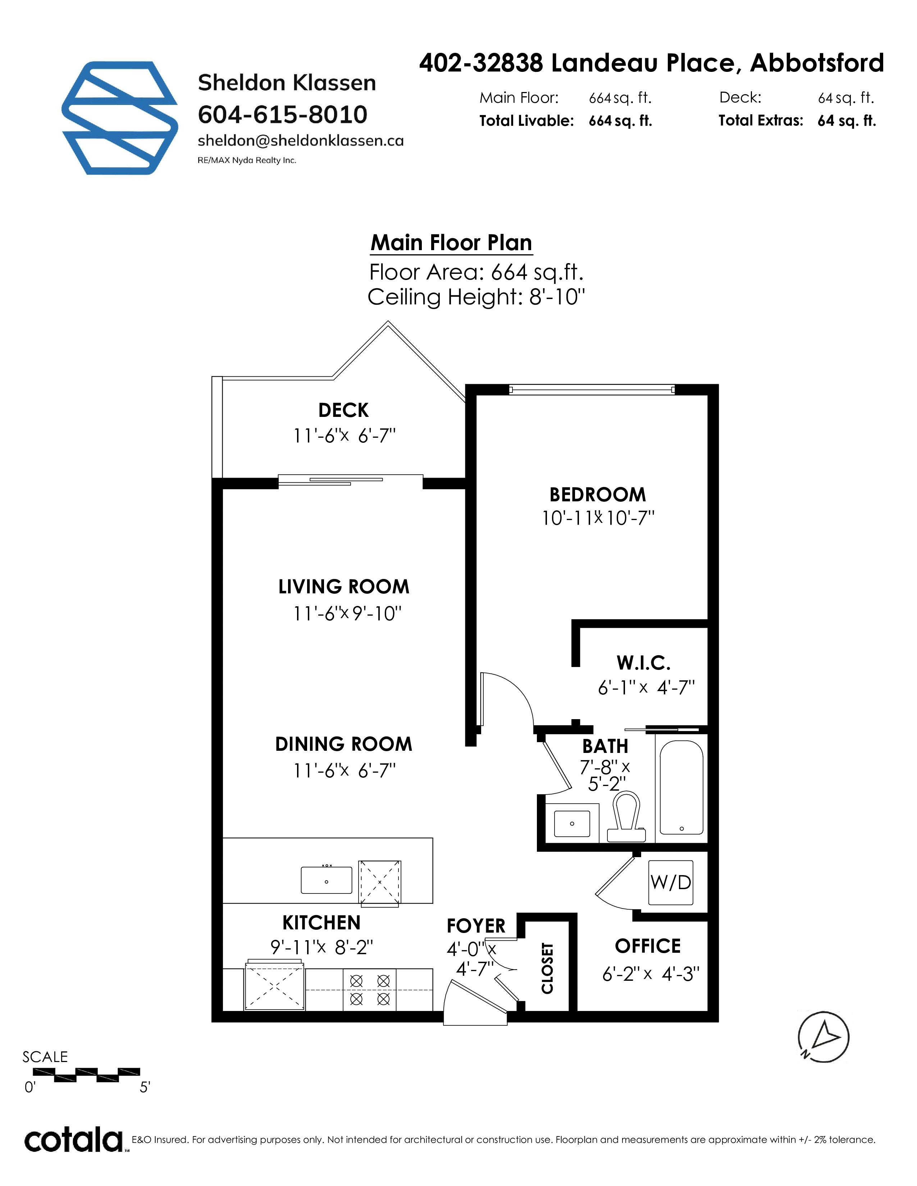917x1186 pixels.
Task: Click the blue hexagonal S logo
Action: coord(119,118)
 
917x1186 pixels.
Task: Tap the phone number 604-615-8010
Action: coord(283,115)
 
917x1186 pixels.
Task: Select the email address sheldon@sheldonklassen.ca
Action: coord(300,141)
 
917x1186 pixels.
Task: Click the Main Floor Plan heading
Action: coord(451,243)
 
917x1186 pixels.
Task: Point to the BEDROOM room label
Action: coord(598,495)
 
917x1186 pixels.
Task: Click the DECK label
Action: coord(343,410)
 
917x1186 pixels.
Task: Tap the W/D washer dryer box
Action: coord(671,882)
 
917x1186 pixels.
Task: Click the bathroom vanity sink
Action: coord(572,824)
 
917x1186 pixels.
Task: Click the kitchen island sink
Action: coord(327,880)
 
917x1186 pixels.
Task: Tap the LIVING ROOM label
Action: coord(344,587)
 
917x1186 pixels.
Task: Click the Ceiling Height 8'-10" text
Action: coord(476,298)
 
